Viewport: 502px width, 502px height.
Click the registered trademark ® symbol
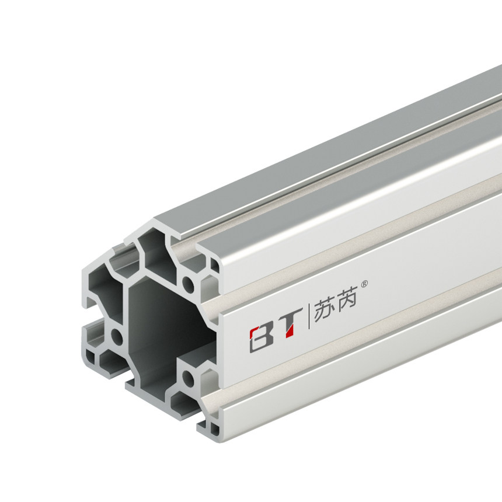[365, 284]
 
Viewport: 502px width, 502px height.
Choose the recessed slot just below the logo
[350, 356]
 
